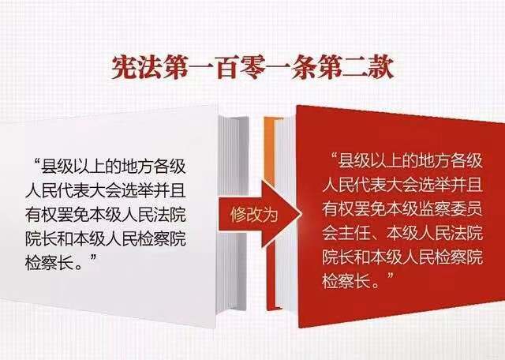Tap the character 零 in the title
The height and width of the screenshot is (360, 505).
click(x=252, y=67)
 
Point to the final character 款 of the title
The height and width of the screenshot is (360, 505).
click(x=382, y=67)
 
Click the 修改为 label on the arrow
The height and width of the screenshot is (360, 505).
click(x=254, y=215)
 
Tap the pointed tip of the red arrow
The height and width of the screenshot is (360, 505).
click(x=301, y=214)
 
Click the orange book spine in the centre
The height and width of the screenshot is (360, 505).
click(x=270, y=212)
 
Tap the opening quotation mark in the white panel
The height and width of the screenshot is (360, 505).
click(x=36, y=161)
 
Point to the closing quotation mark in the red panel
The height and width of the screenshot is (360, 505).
click(x=391, y=276)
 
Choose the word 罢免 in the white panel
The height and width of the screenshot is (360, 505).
click(x=73, y=214)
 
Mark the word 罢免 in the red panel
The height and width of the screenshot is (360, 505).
click(x=370, y=209)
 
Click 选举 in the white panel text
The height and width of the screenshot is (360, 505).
click(x=138, y=190)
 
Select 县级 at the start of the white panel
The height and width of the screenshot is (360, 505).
click(x=58, y=167)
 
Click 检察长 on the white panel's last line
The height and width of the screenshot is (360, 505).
click(x=50, y=263)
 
